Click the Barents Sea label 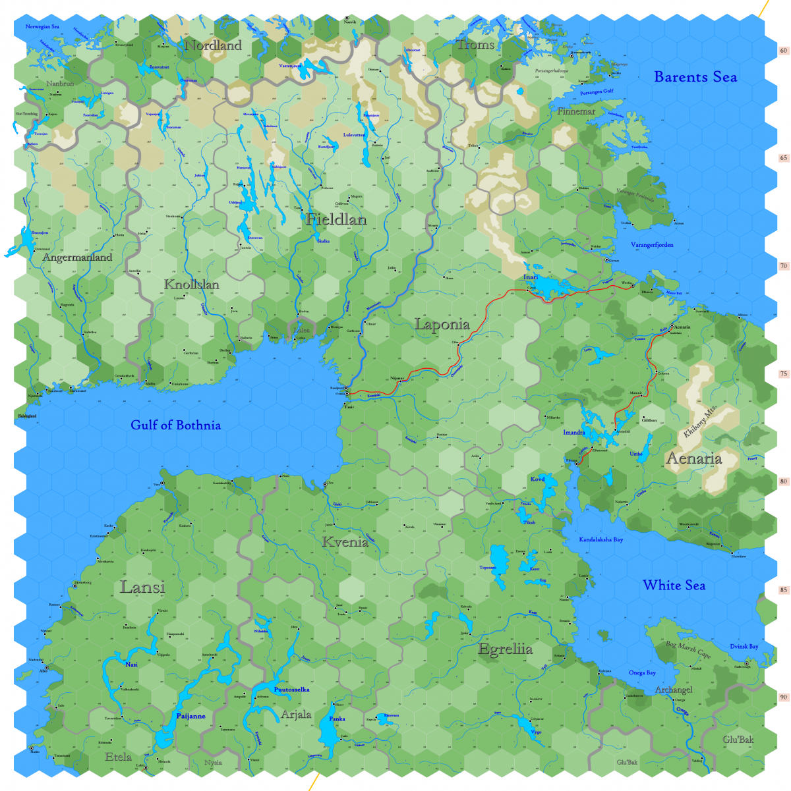695,77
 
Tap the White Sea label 674,585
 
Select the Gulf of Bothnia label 175,425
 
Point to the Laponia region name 442,324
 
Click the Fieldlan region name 336,219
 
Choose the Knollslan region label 191,285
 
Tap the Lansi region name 142,587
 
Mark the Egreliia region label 505,649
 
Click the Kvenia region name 345,542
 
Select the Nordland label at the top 213,45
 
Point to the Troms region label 475,45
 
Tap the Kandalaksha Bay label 601,539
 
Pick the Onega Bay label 641,672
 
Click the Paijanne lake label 190,716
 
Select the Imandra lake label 573,433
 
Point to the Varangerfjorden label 652,245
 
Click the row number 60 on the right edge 783,50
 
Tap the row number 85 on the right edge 783,589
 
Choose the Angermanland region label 77,258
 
